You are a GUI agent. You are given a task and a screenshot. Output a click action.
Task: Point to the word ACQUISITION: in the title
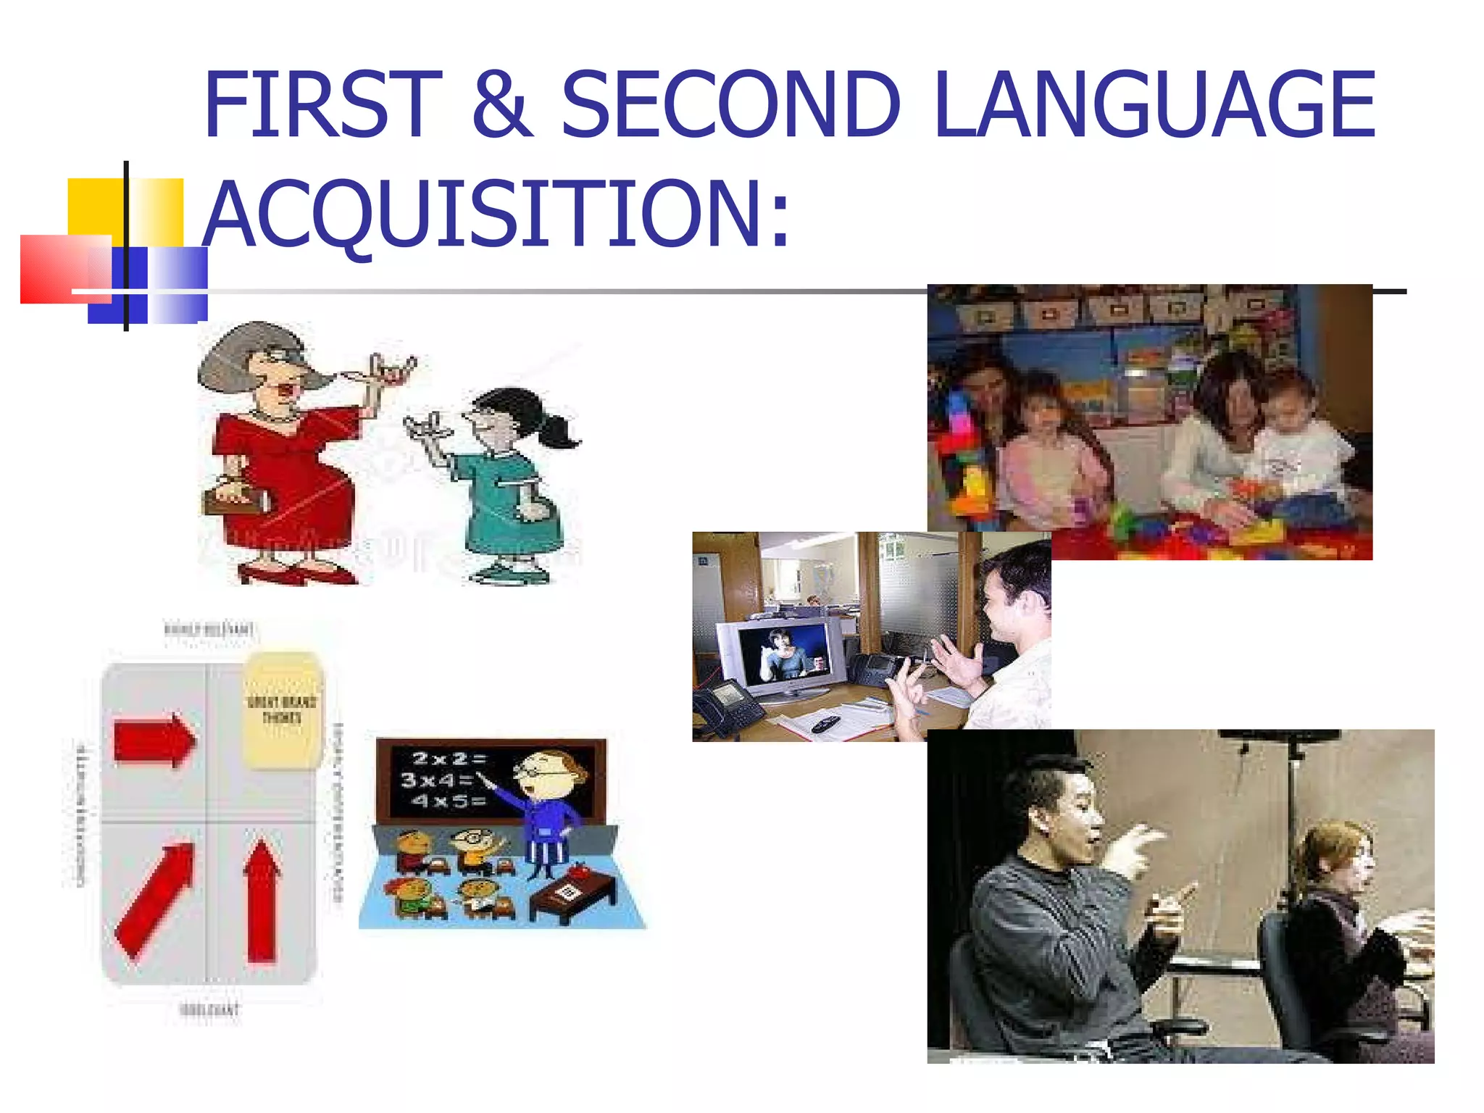point(496,214)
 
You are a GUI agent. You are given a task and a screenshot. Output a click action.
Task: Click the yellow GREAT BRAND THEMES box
point(282,710)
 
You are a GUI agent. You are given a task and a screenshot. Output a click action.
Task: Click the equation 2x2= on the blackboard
point(449,759)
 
